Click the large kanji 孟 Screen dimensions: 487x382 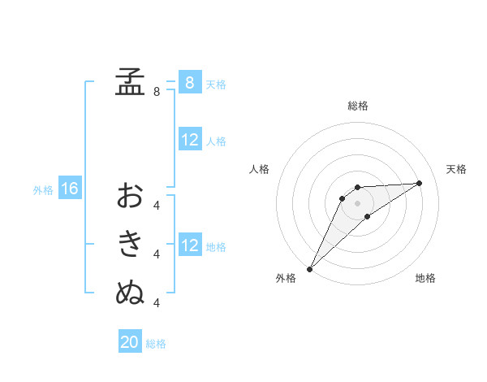click(130, 82)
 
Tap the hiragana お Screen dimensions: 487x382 click(130, 196)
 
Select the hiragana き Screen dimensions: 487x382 click(130, 245)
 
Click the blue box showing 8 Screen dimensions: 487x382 click(189, 82)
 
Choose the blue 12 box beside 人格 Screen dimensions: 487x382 click(189, 140)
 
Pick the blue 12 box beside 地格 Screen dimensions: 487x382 click(189, 245)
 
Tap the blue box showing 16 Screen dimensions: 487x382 click(70, 189)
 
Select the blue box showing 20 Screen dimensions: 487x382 click(130, 342)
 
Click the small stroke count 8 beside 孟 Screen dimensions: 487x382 click(156, 92)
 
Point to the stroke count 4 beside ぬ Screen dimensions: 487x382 click(156, 303)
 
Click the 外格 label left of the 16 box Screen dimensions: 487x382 click(43, 190)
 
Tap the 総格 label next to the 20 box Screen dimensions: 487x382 click(156, 344)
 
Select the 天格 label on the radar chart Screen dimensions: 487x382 click(456, 169)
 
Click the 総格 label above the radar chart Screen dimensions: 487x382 click(358, 106)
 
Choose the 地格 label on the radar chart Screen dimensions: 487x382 click(425, 278)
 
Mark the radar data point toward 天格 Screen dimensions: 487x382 click(419, 183)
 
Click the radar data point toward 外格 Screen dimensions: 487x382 click(309, 269)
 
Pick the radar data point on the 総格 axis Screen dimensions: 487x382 click(357, 187)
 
